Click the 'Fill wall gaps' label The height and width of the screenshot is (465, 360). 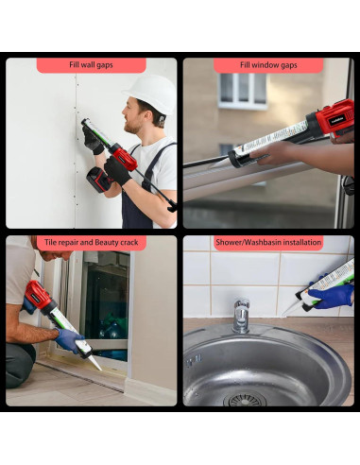tap(92, 65)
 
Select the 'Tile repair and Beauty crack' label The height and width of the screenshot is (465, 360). tap(92, 243)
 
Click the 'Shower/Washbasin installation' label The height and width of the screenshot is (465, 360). tap(267, 243)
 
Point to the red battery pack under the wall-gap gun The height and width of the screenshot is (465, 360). tap(99, 179)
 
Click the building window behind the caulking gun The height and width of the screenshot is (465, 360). tap(242, 90)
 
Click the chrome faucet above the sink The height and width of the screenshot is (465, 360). tap(241, 317)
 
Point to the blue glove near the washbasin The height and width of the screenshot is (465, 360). tap(332, 296)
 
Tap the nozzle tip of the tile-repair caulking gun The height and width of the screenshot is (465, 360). tap(97, 367)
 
